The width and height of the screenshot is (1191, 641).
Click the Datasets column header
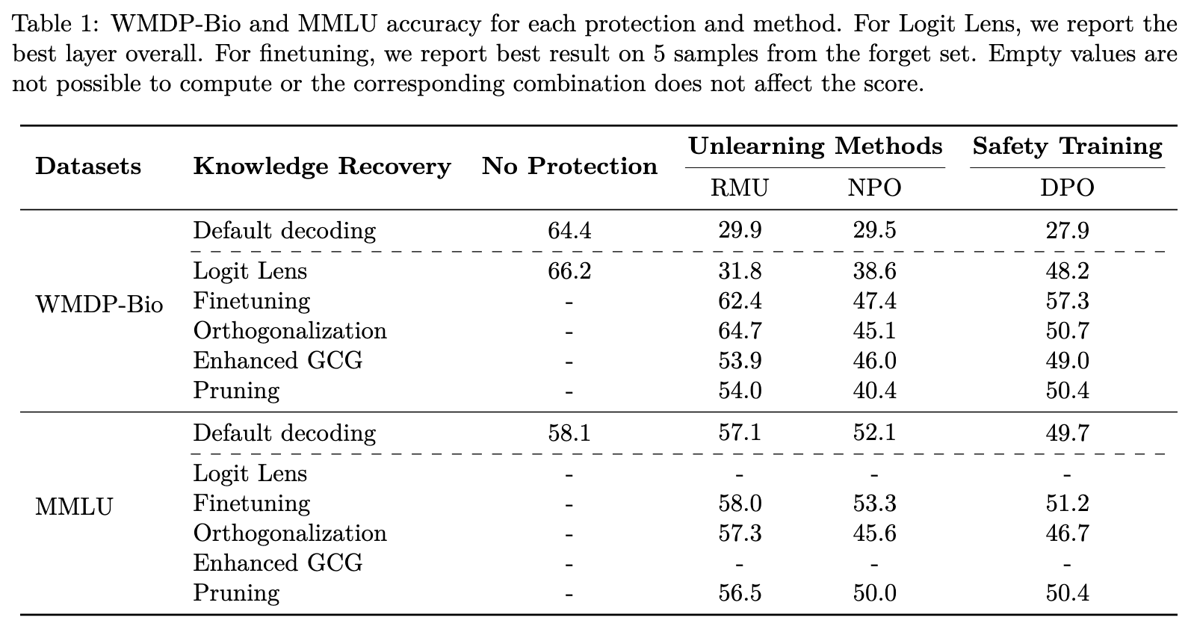(88, 166)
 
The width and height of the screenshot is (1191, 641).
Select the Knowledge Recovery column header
(322, 166)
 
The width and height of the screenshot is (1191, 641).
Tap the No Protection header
(569, 166)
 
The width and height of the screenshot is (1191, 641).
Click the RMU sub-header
(739, 188)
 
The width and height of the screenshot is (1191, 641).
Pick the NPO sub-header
(874, 188)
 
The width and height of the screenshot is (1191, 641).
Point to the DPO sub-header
(1067, 188)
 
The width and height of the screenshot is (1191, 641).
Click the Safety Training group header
(1067, 146)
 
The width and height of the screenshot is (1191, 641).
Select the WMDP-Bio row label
(99, 305)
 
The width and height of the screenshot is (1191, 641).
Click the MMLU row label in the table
(74, 507)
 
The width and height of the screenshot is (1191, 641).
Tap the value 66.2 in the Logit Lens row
(569, 270)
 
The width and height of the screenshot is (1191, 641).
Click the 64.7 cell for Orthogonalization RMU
(739, 331)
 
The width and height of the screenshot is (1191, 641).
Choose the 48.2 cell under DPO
(1067, 270)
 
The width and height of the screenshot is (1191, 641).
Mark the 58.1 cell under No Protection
(569, 433)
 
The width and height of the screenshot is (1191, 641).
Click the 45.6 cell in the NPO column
(874, 533)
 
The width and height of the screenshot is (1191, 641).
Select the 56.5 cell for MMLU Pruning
(739, 593)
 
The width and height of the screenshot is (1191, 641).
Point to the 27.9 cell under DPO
(1067, 230)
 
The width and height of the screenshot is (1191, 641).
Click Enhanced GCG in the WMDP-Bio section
(277, 361)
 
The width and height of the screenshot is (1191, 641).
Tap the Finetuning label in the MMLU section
(251, 504)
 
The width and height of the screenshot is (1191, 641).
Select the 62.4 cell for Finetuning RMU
(739, 301)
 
